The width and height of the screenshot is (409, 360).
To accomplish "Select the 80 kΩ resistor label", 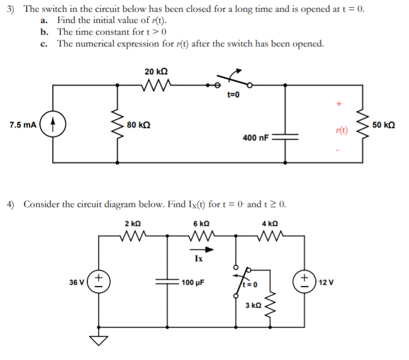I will coord(138,124).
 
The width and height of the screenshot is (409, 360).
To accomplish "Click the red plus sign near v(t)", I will coord(338,104).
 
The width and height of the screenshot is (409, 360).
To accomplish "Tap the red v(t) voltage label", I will coord(341,131).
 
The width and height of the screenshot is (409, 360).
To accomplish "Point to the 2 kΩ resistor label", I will coord(133,223).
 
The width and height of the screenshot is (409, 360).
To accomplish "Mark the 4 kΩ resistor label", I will coord(270,223).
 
